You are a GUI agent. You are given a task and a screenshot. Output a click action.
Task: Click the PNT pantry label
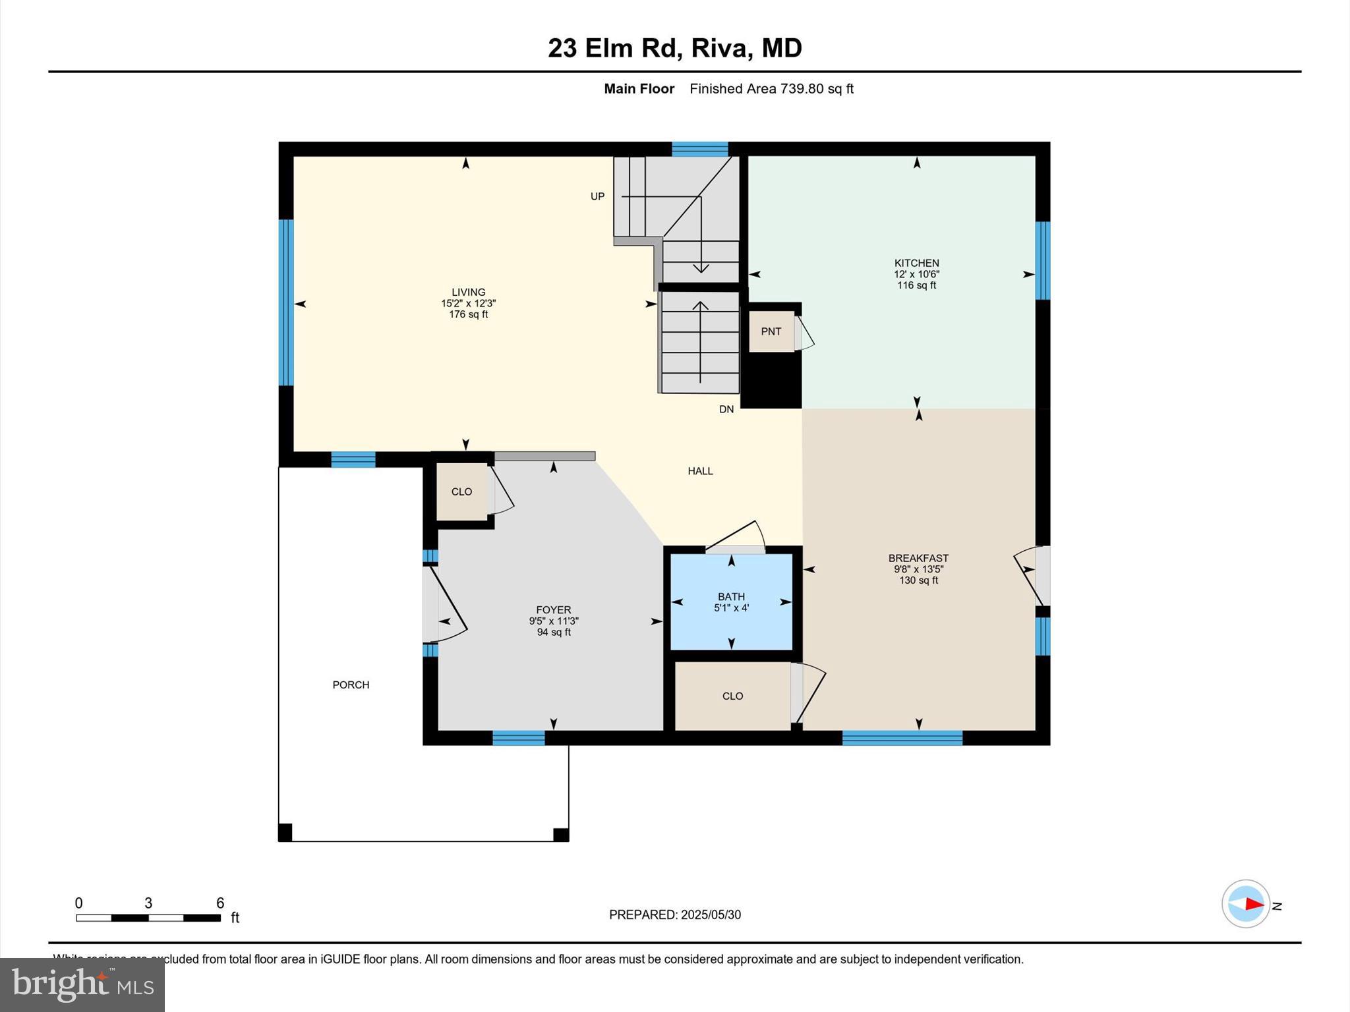[771, 331]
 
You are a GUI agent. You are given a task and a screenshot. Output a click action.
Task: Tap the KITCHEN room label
[916, 263]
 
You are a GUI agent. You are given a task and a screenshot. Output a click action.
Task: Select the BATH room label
[731, 596]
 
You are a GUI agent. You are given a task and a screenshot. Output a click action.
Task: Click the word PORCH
[351, 685]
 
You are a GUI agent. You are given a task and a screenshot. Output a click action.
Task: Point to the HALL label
[700, 471]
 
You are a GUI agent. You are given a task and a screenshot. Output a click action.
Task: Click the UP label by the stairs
[597, 196]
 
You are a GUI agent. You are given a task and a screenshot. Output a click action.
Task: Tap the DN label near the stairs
[726, 409]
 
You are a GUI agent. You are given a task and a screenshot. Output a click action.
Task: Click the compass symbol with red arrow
[1245, 904]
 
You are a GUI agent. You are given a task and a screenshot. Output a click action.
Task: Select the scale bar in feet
[148, 917]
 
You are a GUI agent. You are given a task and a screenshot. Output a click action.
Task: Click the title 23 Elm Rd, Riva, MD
[674, 48]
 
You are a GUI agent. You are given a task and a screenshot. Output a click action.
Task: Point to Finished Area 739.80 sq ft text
[771, 89]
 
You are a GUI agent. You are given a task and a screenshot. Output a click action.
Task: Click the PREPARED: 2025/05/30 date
[674, 914]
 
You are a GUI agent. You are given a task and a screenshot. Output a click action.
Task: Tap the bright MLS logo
[82, 984]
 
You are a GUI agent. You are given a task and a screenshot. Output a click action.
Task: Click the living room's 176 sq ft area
[468, 314]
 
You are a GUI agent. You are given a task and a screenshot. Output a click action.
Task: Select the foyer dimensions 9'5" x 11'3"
[554, 621]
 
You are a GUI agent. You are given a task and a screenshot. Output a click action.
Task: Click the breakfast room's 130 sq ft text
[918, 580]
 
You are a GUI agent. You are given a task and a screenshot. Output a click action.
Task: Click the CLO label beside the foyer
[461, 492]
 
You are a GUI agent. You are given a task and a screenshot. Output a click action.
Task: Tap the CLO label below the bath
[732, 696]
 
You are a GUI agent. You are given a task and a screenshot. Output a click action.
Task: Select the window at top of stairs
[699, 149]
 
